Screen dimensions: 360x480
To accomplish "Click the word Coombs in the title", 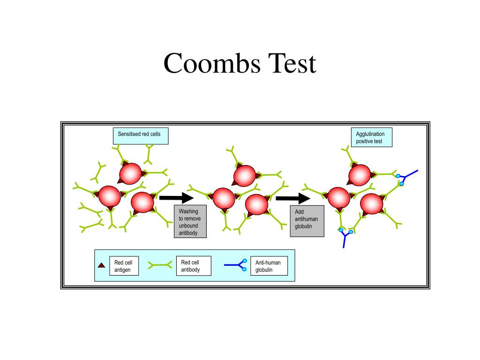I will pos(212,63).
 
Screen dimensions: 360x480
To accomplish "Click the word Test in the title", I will pos(292,63).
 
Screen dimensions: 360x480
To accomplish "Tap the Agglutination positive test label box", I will pos(371,137).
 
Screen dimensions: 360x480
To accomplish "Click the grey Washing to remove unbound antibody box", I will pos(190,222).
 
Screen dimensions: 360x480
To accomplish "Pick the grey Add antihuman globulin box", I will pos(307,221).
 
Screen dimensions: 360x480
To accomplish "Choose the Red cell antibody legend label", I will pos(193,266).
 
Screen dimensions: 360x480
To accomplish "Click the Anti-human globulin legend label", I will pos(269,266).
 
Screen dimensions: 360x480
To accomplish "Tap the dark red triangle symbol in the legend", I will pos(101,265).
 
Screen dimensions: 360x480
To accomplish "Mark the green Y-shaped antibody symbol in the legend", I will pos(160,265).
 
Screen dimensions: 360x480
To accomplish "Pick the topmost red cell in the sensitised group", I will pos(130,174).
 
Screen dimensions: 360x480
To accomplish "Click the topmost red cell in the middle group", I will pos(245,175).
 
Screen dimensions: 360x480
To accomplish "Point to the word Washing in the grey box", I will pos(188,211).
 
